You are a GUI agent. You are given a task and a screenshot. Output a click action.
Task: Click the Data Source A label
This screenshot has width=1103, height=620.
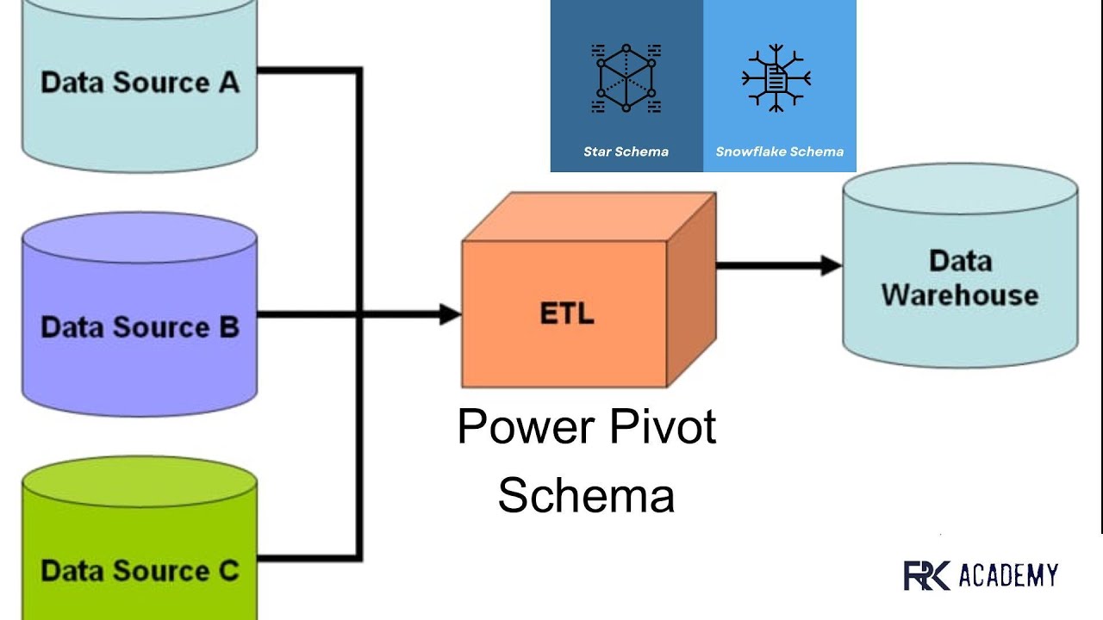click(x=140, y=83)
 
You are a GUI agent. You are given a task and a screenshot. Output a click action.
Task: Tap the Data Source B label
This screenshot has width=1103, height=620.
click(x=140, y=327)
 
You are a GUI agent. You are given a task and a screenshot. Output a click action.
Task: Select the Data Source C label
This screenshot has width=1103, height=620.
click(x=140, y=570)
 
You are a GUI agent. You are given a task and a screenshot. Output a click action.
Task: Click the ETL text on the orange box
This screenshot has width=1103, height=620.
click(x=566, y=314)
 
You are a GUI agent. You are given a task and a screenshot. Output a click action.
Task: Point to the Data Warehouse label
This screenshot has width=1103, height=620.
click(x=959, y=278)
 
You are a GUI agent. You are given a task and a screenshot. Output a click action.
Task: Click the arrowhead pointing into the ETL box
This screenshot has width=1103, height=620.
click(x=451, y=315)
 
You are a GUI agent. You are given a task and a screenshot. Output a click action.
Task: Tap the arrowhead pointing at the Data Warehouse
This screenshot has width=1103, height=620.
click(x=832, y=266)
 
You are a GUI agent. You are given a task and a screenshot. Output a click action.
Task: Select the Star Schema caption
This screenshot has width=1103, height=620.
click(x=626, y=152)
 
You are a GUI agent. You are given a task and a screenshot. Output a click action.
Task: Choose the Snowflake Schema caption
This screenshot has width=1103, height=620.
click(x=779, y=152)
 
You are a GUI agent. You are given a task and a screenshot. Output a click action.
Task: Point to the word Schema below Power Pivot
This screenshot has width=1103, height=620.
click(x=586, y=496)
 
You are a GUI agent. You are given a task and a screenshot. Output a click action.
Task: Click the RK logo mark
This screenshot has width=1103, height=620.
click(x=925, y=575)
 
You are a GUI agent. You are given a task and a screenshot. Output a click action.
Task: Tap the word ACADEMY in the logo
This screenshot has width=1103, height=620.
click(x=1007, y=575)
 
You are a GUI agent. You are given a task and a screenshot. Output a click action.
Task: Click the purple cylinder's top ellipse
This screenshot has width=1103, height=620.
click(x=140, y=238)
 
